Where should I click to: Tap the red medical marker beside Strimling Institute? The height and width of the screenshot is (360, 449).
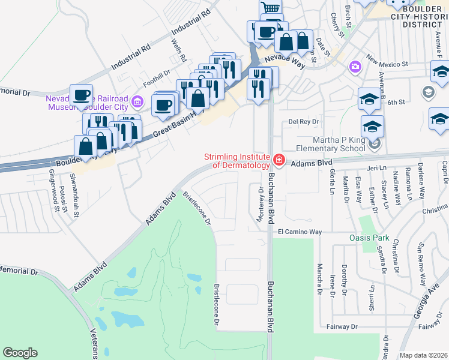click(279, 160)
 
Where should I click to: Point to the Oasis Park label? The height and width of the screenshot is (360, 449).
click(369, 238)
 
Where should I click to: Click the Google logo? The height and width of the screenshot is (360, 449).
click(20, 353)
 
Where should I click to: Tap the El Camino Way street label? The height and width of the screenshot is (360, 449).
click(300, 232)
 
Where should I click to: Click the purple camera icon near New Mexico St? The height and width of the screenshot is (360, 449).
click(355, 66)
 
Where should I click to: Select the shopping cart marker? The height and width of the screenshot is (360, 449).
click(271, 8)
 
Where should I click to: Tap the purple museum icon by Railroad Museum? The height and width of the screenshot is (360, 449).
click(137, 101)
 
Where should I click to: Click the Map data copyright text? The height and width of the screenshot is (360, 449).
click(423, 355)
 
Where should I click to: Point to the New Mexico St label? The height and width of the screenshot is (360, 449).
click(388, 62)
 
